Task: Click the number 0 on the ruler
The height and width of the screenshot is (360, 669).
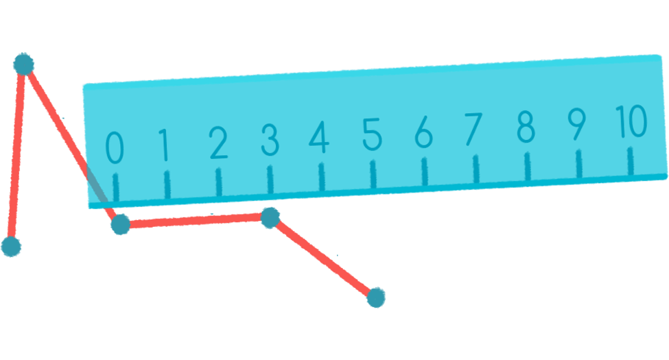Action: [x=115, y=147]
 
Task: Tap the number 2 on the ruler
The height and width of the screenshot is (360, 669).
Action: [x=218, y=144]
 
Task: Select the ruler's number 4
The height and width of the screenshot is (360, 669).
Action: [x=319, y=139]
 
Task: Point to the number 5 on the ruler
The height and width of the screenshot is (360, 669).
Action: [x=372, y=134]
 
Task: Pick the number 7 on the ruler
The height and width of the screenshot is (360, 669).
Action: [x=473, y=129]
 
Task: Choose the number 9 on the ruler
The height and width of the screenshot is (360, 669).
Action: [x=577, y=125]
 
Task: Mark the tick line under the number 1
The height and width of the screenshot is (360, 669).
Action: [x=167, y=184]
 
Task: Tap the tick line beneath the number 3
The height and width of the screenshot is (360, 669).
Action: [x=270, y=179]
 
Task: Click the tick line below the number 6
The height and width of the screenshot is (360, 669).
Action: [x=424, y=171]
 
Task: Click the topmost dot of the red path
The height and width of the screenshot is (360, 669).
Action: [x=23, y=64]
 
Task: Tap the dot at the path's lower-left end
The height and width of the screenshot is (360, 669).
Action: [x=11, y=246]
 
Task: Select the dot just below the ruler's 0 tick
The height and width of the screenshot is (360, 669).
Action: [x=120, y=224]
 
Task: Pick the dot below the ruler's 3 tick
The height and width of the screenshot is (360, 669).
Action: [x=270, y=218]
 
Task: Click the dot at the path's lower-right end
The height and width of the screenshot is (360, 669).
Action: [x=376, y=297]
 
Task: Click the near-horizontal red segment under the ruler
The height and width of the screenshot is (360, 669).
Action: [x=196, y=221]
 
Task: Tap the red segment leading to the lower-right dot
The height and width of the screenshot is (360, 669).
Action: [x=323, y=258]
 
